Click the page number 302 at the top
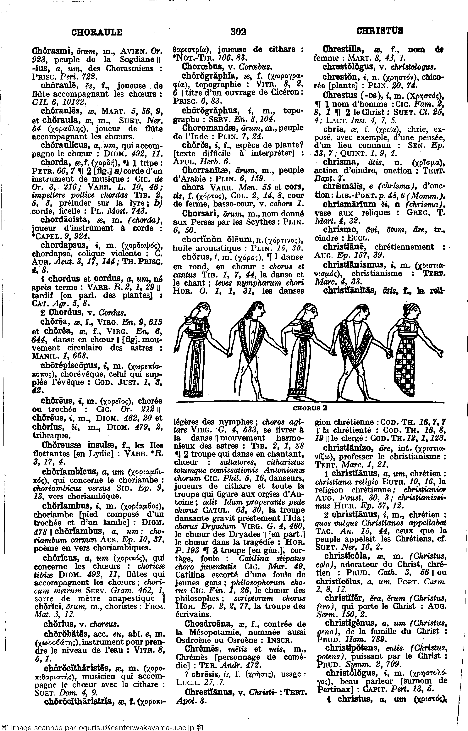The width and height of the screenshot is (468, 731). coord(238,31)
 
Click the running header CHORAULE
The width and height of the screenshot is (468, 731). coord(97,32)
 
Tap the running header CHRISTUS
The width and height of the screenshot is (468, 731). coord(380,31)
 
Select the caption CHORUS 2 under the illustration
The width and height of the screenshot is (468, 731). coord(310,408)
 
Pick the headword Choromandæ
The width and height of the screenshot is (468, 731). coord(208,128)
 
